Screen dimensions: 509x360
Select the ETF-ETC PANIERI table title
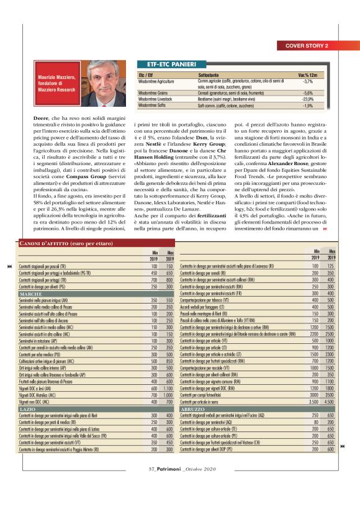click(168, 64)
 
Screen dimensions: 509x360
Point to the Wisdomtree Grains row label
click(156, 92)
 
